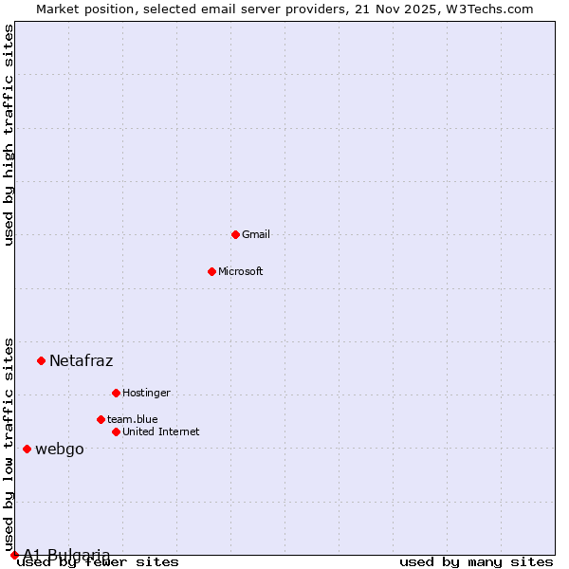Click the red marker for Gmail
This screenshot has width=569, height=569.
coord(235,234)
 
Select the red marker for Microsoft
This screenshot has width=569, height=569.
coord(211,271)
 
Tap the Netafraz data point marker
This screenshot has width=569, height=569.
coord(41,360)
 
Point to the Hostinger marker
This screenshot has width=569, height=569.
coord(116,393)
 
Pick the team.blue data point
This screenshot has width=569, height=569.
coord(101,419)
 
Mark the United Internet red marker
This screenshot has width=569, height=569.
coord(116,431)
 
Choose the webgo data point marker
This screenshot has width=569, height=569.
coord(27,449)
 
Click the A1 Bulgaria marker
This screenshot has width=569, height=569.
coord(14,555)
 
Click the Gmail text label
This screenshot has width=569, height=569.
coord(256,234)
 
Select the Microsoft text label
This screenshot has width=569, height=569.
coord(241,271)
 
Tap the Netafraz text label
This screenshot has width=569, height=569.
coord(81,360)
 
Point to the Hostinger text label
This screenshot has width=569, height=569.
coord(146,393)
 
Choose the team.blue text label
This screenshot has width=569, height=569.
coord(133,419)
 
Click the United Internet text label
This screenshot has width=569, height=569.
coord(161,431)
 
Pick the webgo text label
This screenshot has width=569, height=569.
coord(60,449)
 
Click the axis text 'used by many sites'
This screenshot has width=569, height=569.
coord(476,562)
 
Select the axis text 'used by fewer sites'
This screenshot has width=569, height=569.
coord(99,562)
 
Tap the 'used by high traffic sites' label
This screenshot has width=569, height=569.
coord(9,136)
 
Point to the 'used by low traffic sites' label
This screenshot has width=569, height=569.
coord(9,444)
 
